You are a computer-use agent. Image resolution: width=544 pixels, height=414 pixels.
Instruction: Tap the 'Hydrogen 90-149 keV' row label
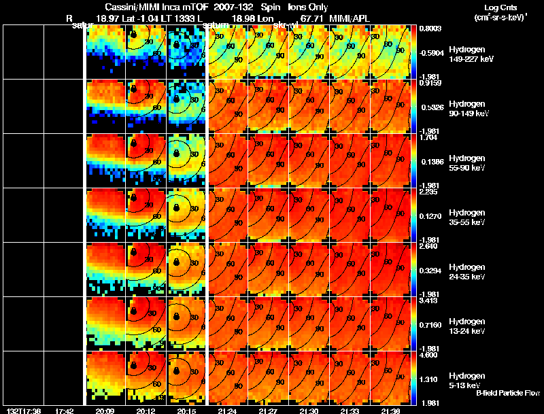tap(469, 109)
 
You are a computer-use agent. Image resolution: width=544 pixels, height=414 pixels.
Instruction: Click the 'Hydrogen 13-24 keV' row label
tap(468, 326)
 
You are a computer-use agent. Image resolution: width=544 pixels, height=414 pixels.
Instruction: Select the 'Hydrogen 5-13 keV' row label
tap(466, 380)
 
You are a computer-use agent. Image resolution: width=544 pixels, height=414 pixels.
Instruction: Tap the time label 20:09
tap(105, 411)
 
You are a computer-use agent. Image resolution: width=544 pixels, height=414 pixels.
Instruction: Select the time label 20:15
tap(186, 411)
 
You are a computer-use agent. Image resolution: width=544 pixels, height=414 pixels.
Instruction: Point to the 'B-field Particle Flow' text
tap(507, 393)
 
